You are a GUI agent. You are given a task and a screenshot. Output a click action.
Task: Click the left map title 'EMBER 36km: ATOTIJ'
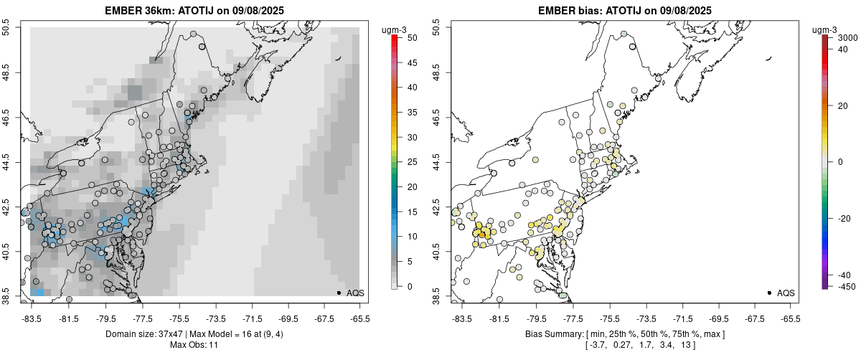pyautogui.click(x=193, y=10)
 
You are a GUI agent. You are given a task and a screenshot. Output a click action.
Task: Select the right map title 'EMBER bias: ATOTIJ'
pyautogui.click(x=624, y=10)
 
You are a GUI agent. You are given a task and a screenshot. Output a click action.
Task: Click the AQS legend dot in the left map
pyautogui.click(x=339, y=293)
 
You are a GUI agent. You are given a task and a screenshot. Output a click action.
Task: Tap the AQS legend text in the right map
pyautogui.click(x=786, y=293)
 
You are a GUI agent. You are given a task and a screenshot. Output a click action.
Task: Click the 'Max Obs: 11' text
pyautogui.click(x=193, y=345)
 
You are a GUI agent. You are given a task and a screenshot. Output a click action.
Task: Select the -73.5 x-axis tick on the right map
pyautogui.click(x=646, y=318)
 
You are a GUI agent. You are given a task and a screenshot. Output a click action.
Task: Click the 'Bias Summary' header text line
pyautogui.click(x=624, y=334)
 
